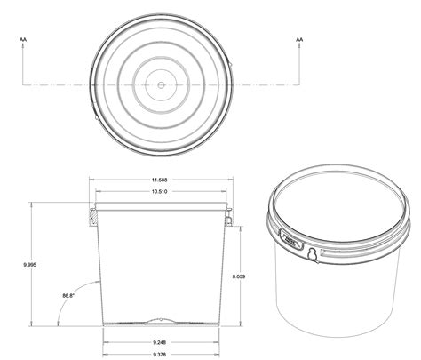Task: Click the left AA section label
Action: coord(21,40)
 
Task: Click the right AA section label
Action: coord(299,40)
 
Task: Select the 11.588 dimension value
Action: coord(161,181)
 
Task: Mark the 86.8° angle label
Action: coord(68,295)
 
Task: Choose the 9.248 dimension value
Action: coord(161,342)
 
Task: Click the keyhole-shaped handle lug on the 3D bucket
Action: coord(312,257)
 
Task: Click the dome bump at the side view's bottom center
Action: coord(161,318)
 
